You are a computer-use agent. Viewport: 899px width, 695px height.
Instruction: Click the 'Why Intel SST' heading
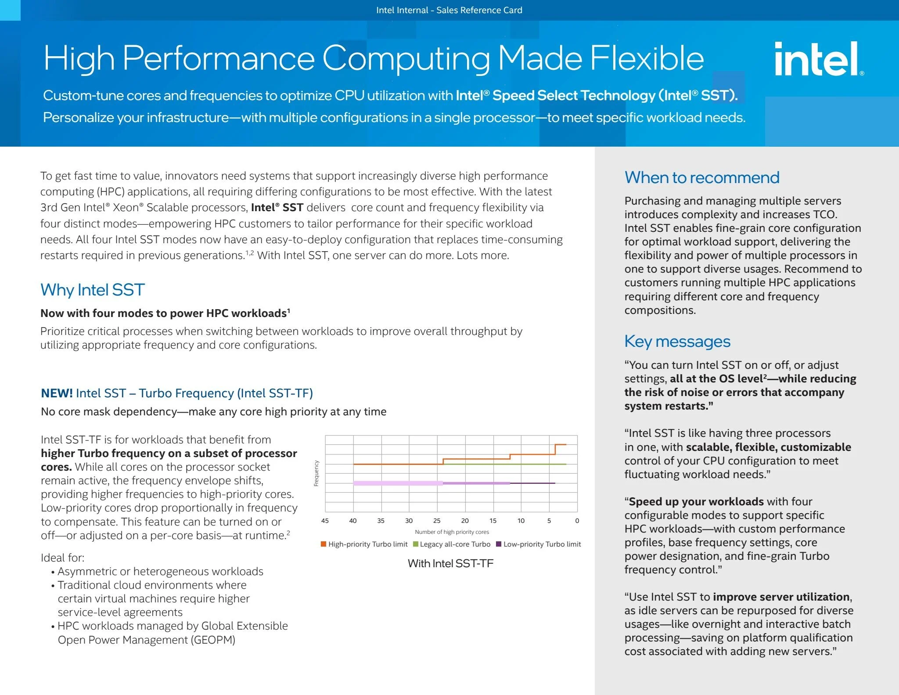[93, 290]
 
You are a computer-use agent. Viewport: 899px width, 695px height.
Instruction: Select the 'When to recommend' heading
[702, 177]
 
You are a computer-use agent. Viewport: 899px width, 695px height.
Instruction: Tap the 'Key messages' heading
[677, 341]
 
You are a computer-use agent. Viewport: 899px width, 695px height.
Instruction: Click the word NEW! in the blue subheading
[57, 393]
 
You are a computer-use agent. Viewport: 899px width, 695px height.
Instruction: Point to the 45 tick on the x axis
[325, 521]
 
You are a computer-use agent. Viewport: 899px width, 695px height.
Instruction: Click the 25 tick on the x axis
[437, 521]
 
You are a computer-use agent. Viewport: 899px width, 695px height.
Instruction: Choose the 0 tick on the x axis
[577, 521]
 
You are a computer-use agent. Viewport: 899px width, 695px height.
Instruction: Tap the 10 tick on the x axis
[521, 521]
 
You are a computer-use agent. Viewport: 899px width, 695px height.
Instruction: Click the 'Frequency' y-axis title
[316, 473]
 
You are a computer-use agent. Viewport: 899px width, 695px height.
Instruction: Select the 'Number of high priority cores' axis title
[452, 532]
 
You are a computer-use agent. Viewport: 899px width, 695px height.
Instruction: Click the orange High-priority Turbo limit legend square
[324, 544]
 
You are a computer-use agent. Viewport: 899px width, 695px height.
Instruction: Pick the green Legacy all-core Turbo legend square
[416, 544]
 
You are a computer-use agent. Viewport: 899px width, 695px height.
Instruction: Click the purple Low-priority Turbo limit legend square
[499, 544]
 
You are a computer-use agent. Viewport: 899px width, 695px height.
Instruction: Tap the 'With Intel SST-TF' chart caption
[450, 563]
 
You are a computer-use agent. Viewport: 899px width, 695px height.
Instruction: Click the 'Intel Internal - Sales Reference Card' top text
[449, 10]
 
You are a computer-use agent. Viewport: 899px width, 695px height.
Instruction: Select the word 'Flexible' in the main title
[647, 58]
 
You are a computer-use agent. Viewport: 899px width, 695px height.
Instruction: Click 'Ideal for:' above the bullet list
[62, 558]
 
